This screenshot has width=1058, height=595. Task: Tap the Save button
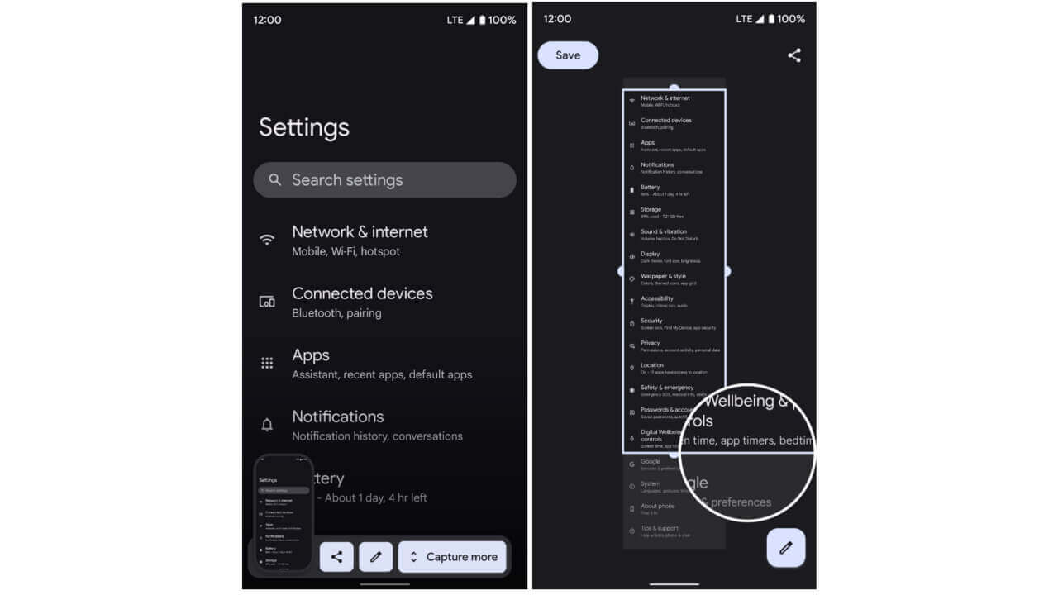pyautogui.click(x=568, y=55)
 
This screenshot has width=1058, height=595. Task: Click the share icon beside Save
pyautogui.click(x=794, y=55)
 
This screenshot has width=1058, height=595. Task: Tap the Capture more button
pyautogui.click(x=453, y=557)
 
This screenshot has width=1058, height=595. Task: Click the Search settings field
pyautogui.click(x=384, y=180)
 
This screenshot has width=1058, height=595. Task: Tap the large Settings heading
pyautogui.click(x=304, y=127)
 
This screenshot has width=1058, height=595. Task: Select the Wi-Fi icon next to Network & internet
pyautogui.click(x=267, y=240)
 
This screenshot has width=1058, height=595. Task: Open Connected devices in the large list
pyautogui.click(x=362, y=302)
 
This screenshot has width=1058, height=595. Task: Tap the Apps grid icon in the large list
pyautogui.click(x=267, y=363)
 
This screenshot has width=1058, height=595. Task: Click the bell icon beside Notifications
pyautogui.click(x=267, y=425)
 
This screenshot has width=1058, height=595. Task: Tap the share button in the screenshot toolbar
pyautogui.click(x=336, y=557)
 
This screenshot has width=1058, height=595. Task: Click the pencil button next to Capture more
pyautogui.click(x=375, y=557)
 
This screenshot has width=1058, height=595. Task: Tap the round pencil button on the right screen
pyautogui.click(x=785, y=547)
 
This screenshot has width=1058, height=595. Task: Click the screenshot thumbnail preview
pyautogui.click(x=284, y=512)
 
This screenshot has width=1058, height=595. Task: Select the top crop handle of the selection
pyautogui.click(x=674, y=88)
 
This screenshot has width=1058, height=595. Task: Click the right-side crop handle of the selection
pyautogui.click(x=727, y=270)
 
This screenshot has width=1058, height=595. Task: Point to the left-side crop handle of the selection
pyautogui.click(x=622, y=270)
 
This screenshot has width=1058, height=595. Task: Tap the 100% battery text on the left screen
pyautogui.click(x=502, y=20)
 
